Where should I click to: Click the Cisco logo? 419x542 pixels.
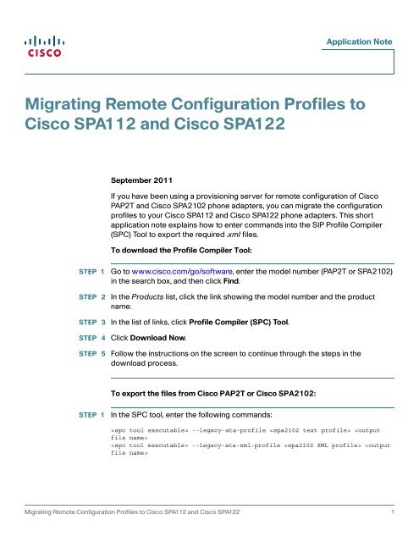point(44,47)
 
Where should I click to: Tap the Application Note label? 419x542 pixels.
point(359,41)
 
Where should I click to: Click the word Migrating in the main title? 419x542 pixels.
point(63,105)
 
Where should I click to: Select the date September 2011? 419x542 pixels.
point(141,180)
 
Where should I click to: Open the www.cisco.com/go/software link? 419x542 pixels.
point(182,271)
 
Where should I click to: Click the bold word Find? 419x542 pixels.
point(231,281)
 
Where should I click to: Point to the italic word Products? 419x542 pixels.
point(147,296)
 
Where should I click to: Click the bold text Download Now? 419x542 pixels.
point(157,338)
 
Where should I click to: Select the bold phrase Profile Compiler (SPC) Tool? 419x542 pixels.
point(239,322)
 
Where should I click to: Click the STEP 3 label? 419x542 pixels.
point(92,322)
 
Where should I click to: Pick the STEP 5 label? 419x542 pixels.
point(92,354)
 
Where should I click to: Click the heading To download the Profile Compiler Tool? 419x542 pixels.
point(181,250)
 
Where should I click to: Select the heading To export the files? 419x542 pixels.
point(213,393)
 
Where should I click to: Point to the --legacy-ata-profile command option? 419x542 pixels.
point(229,430)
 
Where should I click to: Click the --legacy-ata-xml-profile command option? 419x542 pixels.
point(236,445)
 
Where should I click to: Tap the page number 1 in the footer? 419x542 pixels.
point(393,512)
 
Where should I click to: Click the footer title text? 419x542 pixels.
point(132,512)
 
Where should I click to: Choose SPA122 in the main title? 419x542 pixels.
point(254,124)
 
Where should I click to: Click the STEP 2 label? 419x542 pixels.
point(92,297)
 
